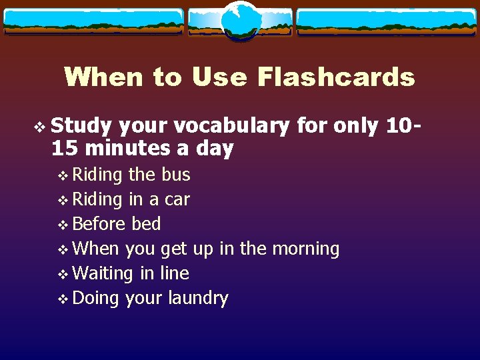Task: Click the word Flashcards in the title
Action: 335,77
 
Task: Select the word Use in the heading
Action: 219,77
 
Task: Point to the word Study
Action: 81,126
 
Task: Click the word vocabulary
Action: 234,126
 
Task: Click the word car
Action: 177,199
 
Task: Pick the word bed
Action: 147,224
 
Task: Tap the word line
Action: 175,273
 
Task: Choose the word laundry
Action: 198,299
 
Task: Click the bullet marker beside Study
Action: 42,126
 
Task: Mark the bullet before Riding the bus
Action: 63,175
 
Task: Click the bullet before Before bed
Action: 63,225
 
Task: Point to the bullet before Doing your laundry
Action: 63,299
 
